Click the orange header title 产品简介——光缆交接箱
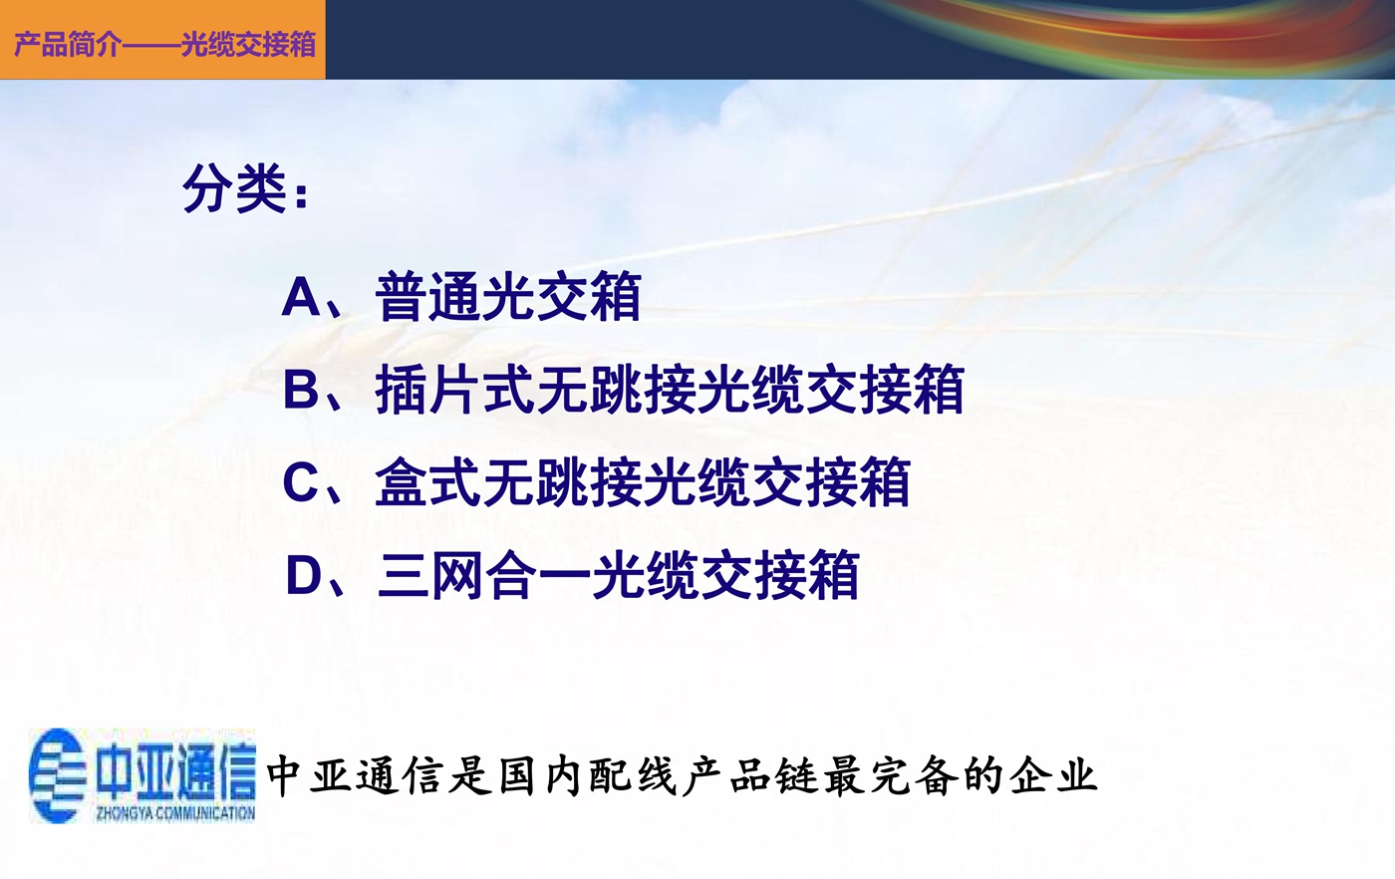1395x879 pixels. (x=165, y=44)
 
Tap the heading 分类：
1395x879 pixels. (x=245, y=188)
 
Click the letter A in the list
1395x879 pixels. (x=301, y=297)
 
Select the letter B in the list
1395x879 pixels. (x=302, y=390)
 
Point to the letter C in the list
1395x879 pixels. (x=302, y=481)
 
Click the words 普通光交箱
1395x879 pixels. (x=508, y=297)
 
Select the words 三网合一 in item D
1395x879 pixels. (x=483, y=575)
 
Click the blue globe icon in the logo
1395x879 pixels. (x=58, y=775)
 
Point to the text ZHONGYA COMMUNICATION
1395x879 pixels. (x=175, y=813)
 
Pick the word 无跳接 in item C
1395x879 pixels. (x=561, y=481)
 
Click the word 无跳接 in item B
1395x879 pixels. (x=616, y=390)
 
